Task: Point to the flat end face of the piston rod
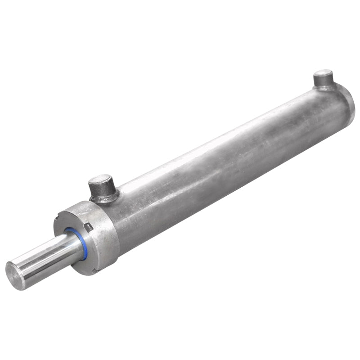(x=14, y=274)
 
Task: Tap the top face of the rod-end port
(x=99, y=180)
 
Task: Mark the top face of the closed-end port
(x=323, y=74)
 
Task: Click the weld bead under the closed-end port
(x=325, y=88)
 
